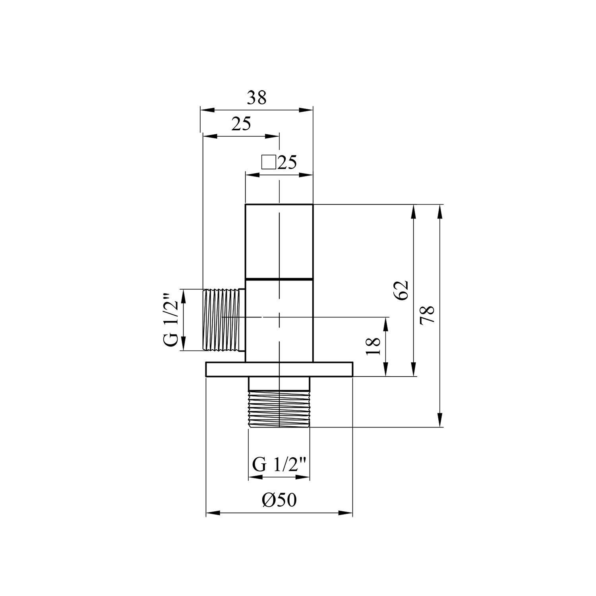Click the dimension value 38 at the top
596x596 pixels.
tap(256, 97)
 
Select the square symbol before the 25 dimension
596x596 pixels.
tap(269, 163)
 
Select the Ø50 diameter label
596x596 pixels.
tap(279, 500)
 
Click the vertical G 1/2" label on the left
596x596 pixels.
tap(171, 320)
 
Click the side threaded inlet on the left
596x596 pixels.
tap(223, 320)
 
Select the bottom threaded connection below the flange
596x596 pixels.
tap(279, 409)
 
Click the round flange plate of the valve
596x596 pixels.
tap(279, 369)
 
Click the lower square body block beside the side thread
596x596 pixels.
tap(279, 320)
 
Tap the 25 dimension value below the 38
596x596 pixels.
tap(241, 124)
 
